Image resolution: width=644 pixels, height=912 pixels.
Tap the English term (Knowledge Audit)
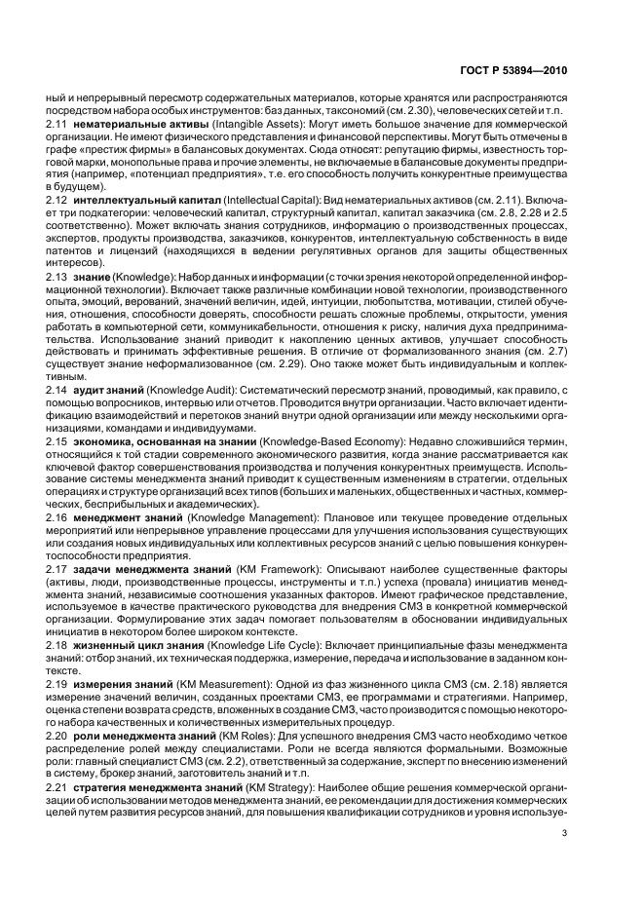coord(200,390)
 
